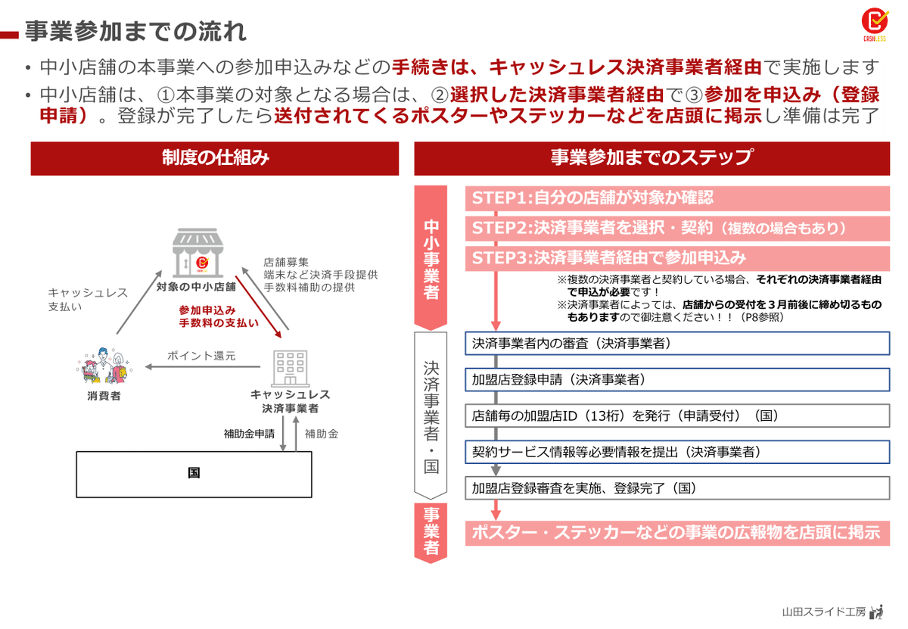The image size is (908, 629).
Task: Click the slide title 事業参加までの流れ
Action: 135,32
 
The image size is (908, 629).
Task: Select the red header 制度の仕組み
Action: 215,158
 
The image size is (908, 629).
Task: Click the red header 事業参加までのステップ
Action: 651,158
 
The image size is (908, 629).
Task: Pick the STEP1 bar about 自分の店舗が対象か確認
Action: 677,198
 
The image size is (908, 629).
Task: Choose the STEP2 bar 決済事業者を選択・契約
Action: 677,228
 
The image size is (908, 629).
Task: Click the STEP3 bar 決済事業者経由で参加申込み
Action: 677,257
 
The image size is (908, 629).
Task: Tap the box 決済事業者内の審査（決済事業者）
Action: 677,343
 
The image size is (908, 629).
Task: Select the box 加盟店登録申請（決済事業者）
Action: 677,379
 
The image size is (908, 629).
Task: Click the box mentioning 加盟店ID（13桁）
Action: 677,416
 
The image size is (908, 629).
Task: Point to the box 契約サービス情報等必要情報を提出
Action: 677,452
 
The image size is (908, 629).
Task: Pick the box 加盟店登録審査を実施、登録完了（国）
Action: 677,487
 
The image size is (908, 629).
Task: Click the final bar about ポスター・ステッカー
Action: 677,533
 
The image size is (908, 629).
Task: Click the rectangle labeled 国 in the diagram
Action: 194,474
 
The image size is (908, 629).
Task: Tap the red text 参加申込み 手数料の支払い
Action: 219,316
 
